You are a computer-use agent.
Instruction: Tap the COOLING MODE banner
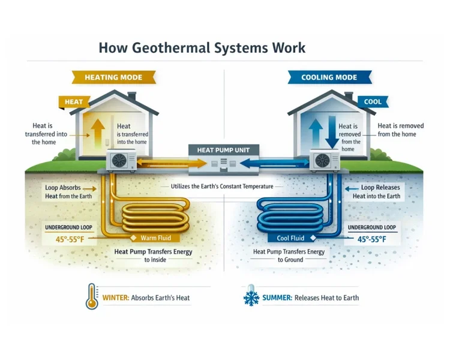[329, 77]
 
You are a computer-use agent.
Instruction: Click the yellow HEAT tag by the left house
[73, 102]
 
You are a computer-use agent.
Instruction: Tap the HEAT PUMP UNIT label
[223, 149]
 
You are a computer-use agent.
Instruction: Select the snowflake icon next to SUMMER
[250, 297]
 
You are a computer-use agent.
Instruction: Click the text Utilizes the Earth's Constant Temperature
[223, 187]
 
